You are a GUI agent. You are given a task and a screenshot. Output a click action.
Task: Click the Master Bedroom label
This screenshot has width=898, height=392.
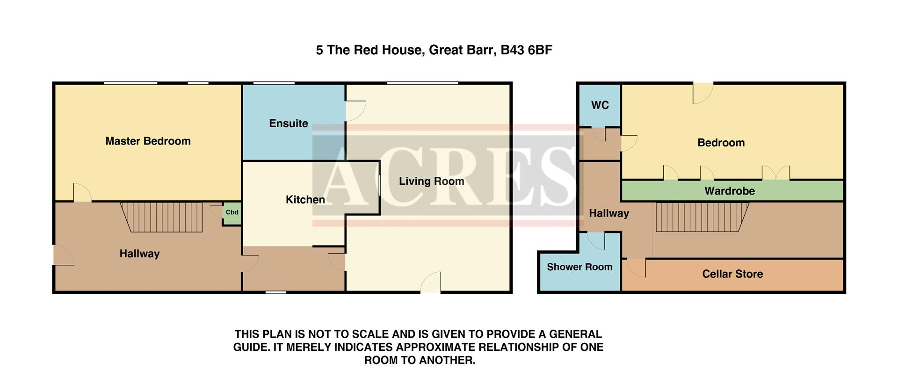[x=148, y=141]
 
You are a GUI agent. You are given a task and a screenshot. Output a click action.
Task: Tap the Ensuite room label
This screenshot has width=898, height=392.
[x=288, y=123]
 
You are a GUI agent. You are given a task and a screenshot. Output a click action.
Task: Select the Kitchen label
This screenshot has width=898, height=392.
[x=305, y=200]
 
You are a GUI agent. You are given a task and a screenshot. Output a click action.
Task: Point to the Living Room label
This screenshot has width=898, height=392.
[x=431, y=181]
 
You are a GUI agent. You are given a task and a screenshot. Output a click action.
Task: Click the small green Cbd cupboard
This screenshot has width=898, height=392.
[x=232, y=213]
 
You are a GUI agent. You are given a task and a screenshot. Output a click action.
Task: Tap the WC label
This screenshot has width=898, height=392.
[x=600, y=105]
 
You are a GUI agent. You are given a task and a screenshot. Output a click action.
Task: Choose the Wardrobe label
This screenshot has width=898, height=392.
[x=729, y=191]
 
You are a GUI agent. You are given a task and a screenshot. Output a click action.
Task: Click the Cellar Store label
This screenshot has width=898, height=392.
[x=732, y=274]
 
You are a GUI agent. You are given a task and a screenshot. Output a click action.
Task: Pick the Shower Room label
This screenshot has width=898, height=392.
[x=579, y=267]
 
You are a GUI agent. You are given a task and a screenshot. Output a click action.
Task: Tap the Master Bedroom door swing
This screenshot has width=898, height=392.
[x=82, y=193]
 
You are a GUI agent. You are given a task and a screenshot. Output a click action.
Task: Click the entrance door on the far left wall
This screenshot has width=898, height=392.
[x=63, y=256]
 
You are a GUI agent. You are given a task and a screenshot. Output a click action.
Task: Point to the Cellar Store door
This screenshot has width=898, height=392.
[x=636, y=268]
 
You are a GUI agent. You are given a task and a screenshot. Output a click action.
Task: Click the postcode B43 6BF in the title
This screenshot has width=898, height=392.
[x=526, y=50]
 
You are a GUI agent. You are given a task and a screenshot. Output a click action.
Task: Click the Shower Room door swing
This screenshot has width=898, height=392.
[x=596, y=240]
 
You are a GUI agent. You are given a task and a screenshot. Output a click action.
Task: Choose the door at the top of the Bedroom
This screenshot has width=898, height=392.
[x=702, y=93]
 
